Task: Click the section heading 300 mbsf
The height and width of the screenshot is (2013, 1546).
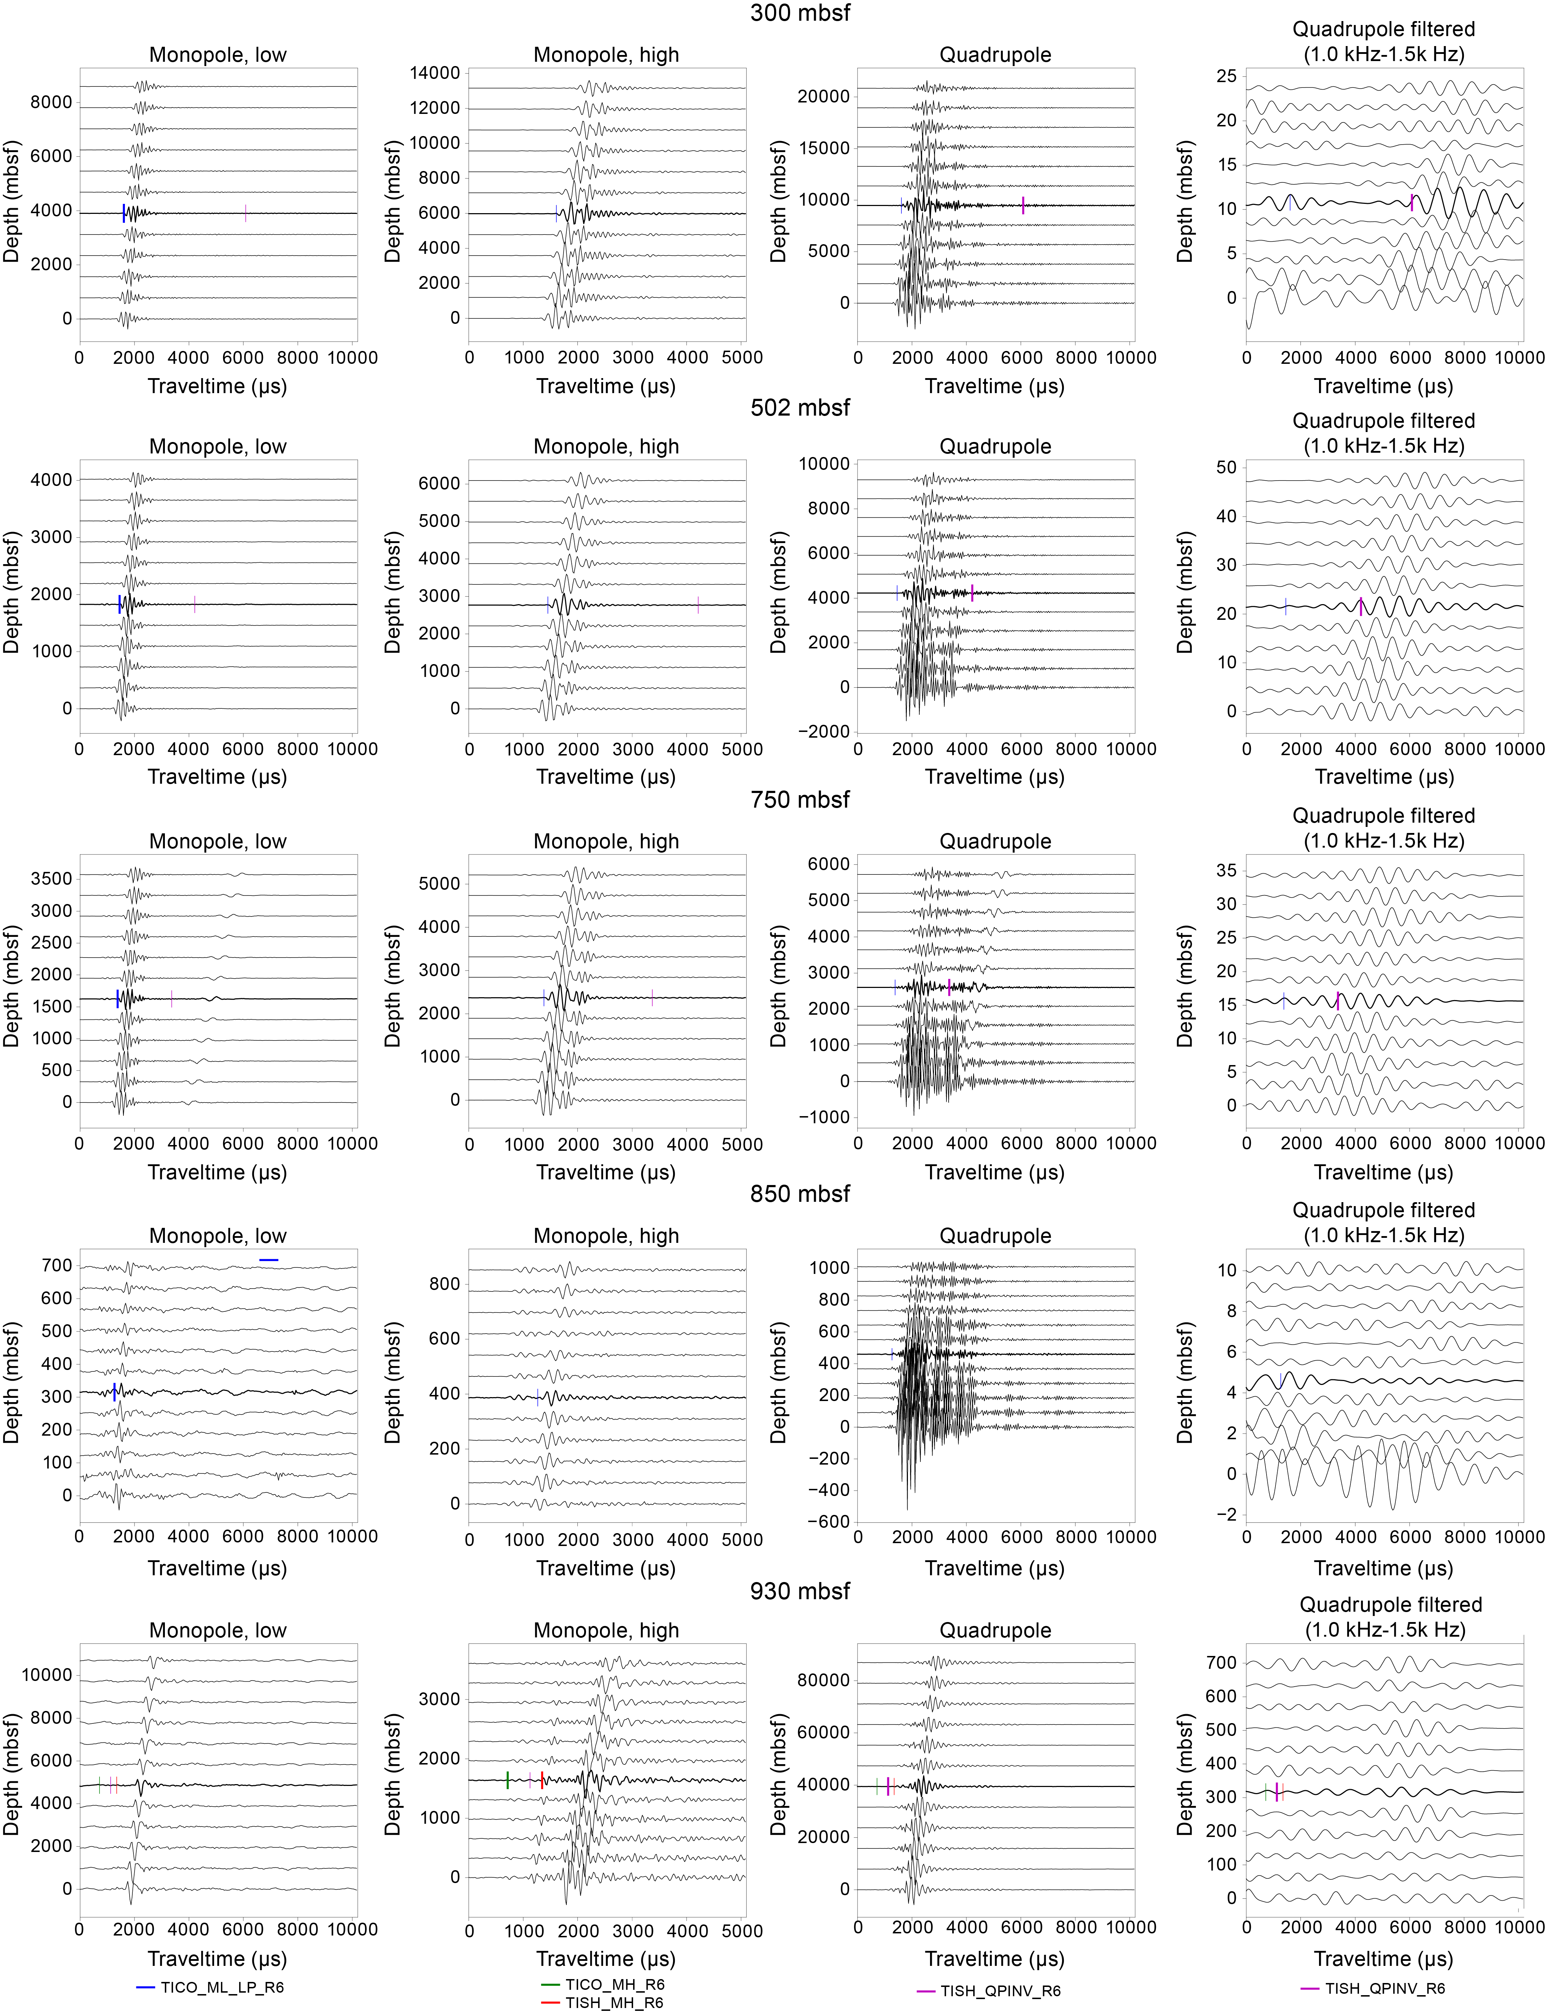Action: tap(800, 13)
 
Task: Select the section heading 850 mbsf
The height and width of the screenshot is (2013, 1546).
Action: tap(800, 1194)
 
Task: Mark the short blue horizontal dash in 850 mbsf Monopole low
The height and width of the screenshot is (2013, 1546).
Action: tap(269, 1259)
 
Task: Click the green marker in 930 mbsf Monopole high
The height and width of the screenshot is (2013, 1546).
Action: tap(507, 1780)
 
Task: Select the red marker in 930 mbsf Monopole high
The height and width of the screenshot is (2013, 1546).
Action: tap(542, 1780)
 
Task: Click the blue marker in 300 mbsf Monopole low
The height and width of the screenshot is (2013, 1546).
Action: tap(123, 213)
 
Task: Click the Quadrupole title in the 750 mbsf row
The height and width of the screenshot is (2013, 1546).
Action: tap(995, 841)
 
